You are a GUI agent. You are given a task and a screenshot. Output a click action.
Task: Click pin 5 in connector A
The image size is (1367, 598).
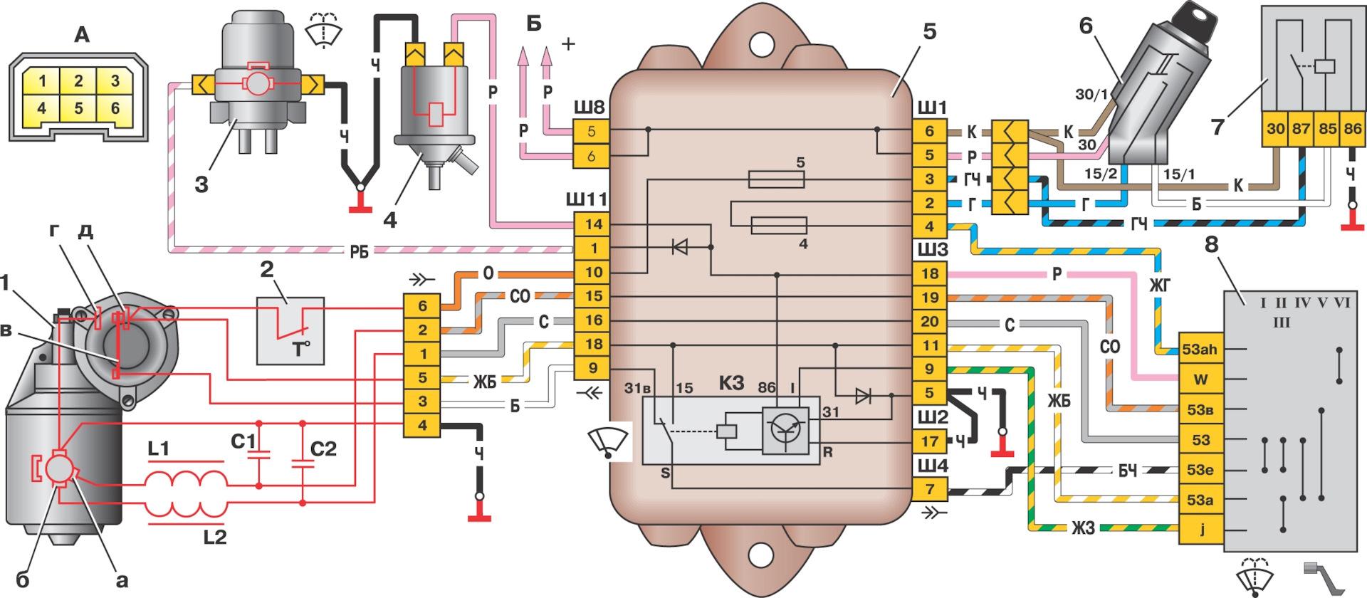point(78,109)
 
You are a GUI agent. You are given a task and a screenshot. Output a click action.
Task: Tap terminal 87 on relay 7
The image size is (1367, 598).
point(1301,129)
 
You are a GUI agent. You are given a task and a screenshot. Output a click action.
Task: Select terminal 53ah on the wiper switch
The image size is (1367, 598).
point(1200,350)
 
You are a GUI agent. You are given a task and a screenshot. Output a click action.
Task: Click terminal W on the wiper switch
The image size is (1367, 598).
point(1200,379)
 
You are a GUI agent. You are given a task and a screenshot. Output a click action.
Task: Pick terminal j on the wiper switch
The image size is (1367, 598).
point(1200,530)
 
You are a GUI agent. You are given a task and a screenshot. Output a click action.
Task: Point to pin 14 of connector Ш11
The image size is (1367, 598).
point(592,224)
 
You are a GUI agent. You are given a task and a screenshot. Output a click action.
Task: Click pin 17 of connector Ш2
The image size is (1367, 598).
point(930,441)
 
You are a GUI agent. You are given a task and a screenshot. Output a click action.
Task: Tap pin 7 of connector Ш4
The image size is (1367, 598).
point(930,490)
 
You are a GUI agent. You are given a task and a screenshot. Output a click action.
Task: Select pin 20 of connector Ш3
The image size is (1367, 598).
point(930,321)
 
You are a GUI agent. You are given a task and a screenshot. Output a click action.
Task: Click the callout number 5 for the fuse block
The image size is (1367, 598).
point(930,33)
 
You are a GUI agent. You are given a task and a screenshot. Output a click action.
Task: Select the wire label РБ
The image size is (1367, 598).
point(359,251)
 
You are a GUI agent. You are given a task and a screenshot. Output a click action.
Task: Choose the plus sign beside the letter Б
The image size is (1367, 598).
point(567,44)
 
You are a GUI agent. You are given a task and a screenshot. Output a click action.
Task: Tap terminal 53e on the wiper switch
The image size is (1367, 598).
point(1200,470)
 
